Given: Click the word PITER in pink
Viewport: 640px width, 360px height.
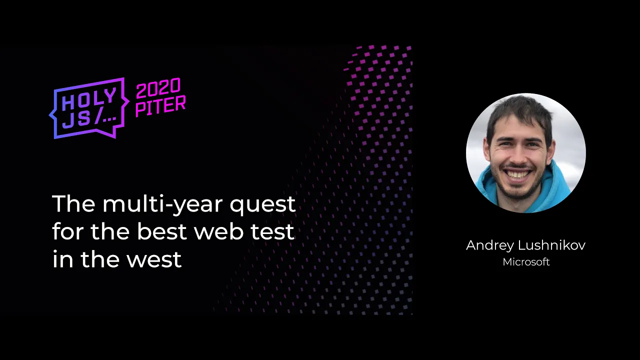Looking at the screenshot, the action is pyautogui.click(x=160, y=106).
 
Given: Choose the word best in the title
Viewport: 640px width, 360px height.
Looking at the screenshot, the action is pyautogui.click(x=162, y=231).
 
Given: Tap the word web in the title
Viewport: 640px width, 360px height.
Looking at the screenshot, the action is pyautogui.click(x=219, y=231).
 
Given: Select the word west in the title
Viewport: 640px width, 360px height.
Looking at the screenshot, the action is pyautogui.click(x=154, y=259).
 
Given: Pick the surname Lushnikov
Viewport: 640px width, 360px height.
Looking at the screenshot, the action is pyautogui.click(x=551, y=245).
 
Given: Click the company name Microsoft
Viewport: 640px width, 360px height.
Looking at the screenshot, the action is pyautogui.click(x=526, y=262).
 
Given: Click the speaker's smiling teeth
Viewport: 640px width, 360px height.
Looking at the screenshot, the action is pyautogui.click(x=517, y=173).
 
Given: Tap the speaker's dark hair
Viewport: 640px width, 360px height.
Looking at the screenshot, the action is pyautogui.click(x=520, y=114).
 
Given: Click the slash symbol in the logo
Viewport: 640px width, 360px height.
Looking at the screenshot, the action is pyautogui.click(x=99, y=117).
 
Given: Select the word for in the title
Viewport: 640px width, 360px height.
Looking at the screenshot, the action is pyautogui.click(x=69, y=231).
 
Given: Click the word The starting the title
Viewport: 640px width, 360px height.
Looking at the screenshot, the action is pyautogui.click(x=73, y=203).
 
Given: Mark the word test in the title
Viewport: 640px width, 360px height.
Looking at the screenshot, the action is pyautogui.click(x=272, y=231).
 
